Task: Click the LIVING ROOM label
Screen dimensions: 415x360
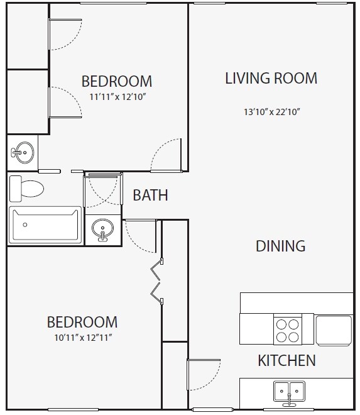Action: click(x=271, y=79)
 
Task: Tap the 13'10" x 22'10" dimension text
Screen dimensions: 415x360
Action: click(x=272, y=113)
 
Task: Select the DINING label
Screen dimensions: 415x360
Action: click(x=280, y=246)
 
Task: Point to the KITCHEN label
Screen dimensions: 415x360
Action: click(x=286, y=361)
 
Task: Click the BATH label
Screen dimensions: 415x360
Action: click(x=150, y=196)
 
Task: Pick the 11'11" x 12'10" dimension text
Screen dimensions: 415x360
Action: click(x=117, y=97)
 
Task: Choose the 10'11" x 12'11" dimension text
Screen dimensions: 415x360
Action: click(x=82, y=337)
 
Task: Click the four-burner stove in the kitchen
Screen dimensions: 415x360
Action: click(x=288, y=329)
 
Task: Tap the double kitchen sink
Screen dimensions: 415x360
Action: click(x=289, y=391)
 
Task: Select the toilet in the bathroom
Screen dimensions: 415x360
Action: click(x=27, y=187)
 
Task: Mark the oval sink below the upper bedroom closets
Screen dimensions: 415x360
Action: click(x=23, y=152)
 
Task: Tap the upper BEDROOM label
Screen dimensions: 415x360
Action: click(x=117, y=81)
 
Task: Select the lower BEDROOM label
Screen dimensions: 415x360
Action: click(x=82, y=322)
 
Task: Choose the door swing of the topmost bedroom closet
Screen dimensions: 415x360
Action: click(x=65, y=33)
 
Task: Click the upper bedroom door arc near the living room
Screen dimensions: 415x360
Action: click(x=167, y=154)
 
